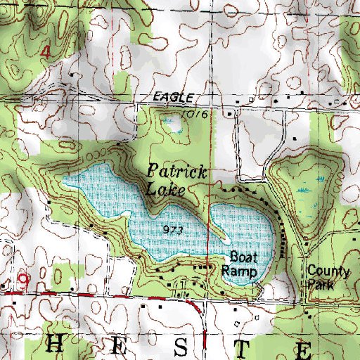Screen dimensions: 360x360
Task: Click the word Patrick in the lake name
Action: [178, 171]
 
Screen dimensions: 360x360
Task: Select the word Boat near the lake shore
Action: [240, 257]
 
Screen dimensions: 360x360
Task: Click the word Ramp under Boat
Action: [239, 269]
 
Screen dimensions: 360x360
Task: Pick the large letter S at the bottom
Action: [181, 345]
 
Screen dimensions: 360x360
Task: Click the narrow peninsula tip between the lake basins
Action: [226, 241]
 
